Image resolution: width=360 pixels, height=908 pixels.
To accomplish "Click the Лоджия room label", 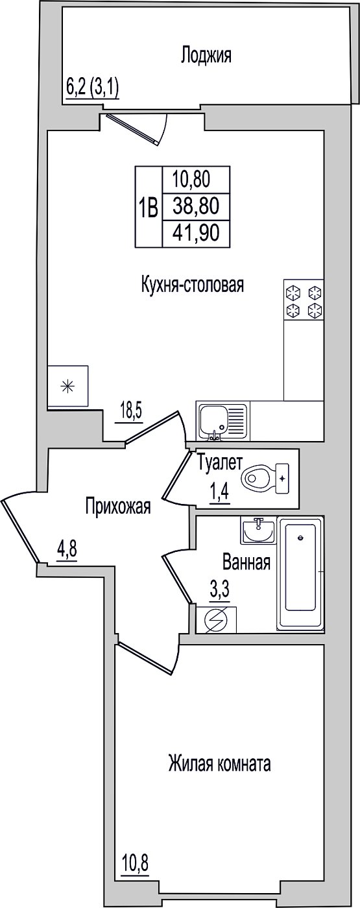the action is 206,56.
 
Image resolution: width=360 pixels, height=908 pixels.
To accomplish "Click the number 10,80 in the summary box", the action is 191,180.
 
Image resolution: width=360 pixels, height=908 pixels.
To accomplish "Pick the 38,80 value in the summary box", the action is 196,206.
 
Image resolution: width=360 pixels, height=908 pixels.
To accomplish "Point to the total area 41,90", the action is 196,233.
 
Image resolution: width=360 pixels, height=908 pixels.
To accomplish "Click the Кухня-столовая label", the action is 192,285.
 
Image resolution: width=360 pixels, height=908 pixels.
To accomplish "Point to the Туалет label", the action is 220,463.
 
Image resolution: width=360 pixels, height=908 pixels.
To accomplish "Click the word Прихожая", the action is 118,507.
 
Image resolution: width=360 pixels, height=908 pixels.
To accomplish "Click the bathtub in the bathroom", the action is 300,573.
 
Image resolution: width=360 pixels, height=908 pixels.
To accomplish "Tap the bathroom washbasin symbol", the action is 259,531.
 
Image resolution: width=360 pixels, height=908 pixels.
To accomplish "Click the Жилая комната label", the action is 220,764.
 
